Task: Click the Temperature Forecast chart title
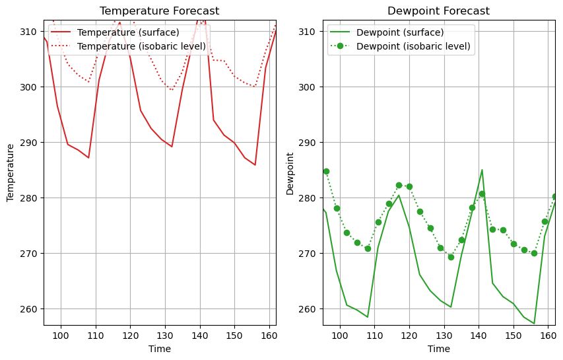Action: tap(159, 11)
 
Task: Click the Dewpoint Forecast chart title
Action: tap(438, 11)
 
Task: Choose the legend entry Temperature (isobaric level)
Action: tap(141, 46)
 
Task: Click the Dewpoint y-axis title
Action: tap(290, 174)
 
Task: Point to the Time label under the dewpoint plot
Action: tap(438, 349)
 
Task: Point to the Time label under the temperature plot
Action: tap(159, 349)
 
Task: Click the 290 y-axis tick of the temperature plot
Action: tap(30, 143)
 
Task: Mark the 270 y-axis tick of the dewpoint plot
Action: tap(310, 254)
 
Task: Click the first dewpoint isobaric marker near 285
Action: tap(326, 171)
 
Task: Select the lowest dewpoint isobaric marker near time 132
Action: tap(451, 257)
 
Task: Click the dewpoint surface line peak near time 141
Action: tap(482, 170)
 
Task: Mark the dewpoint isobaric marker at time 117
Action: tap(399, 186)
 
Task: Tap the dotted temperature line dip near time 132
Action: tap(172, 89)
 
